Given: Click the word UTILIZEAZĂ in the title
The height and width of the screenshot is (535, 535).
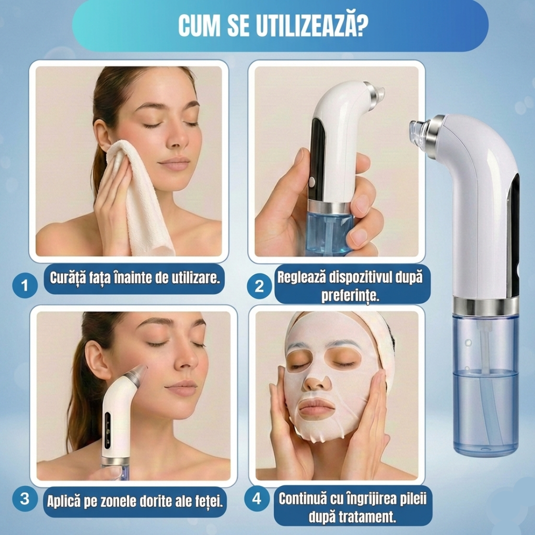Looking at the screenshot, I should pyautogui.click(x=311, y=26).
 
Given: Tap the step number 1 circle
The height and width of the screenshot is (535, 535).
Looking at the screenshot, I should pyautogui.click(x=25, y=285).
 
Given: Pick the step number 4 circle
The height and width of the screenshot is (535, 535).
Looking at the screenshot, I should pyautogui.click(x=257, y=499).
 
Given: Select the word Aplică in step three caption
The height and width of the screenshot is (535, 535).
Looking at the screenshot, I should pyautogui.click(x=64, y=501).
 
